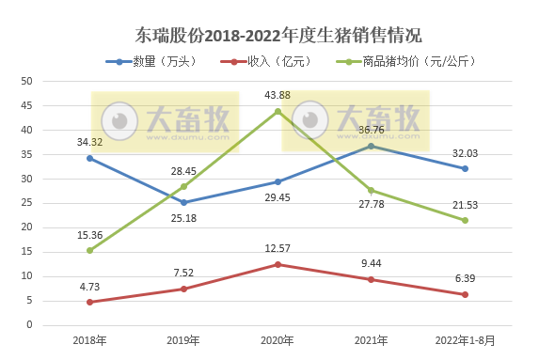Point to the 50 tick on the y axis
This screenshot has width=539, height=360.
tap(26, 81)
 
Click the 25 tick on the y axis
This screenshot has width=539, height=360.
tap(26, 203)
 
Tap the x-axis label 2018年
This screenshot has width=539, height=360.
tap(89, 340)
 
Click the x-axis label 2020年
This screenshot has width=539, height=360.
tap(277, 340)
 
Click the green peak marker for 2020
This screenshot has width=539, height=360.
tap(277, 111)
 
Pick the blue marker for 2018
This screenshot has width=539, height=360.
tap(89, 158)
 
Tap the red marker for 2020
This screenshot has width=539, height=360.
tap(277, 264)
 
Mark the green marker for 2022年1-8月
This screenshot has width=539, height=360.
tap(465, 220)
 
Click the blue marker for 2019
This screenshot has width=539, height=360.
tap(183, 202)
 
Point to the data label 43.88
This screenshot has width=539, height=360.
tap(277, 96)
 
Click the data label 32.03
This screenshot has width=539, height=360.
tap(465, 153)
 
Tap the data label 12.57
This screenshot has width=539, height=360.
tap(277, 249)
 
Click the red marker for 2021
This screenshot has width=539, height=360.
tap(371, 279)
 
